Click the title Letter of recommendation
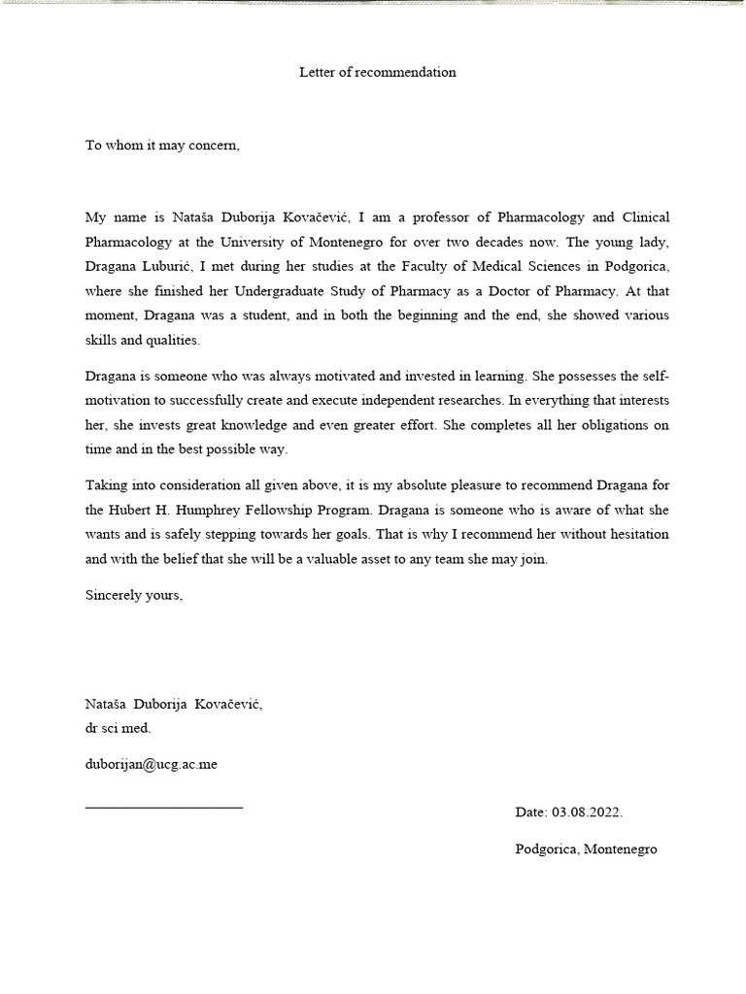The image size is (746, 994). pos(377,73)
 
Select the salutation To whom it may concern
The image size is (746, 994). pos(161,146)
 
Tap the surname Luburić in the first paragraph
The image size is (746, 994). pos(184,266)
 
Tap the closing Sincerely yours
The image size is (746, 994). pos(133,595)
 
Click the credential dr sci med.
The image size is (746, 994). pos(118,728)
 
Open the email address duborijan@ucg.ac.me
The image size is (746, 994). pos(151,764)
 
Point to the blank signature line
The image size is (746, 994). pos(164,807)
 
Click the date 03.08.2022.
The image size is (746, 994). pos(587,812)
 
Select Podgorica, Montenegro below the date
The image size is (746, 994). pos(586,849)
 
